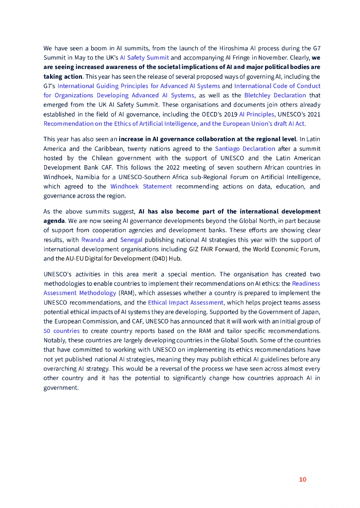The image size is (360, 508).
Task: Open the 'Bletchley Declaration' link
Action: tap(275, 95)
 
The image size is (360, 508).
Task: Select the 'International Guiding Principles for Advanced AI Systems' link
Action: tap(139, 86)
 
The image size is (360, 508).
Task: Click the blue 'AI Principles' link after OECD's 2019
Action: tap(256, 114)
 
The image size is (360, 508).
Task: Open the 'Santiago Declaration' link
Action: tap(245, 148)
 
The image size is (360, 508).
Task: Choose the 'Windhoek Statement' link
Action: tap(141, 187)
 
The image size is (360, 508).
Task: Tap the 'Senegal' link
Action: tap(131, 240)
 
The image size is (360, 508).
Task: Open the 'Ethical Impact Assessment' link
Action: tap(186, 303)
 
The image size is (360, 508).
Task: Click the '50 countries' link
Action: tap(62, 331)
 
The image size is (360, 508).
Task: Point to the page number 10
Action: tap(302, 479)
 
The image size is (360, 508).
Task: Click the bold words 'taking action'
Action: tap(63, 76)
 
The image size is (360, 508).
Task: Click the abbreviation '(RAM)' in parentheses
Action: tap(128, 293)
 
